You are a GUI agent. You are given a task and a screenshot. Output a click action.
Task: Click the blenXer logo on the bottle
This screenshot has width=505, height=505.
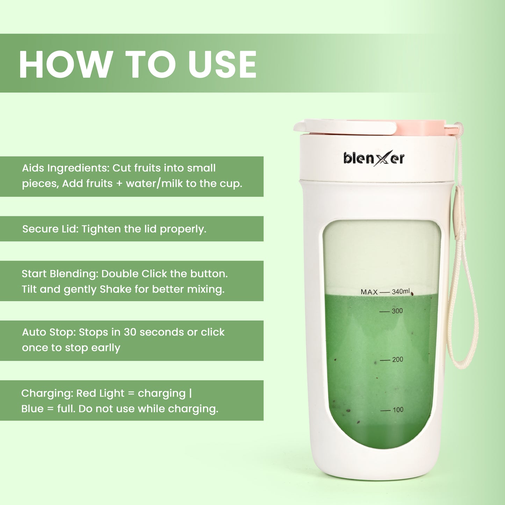(x=374, y=158)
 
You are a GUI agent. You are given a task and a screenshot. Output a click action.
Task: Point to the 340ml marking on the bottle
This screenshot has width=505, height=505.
(x=401, y=291)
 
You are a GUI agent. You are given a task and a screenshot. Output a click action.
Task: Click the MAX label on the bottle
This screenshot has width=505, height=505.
(x=369, y=292)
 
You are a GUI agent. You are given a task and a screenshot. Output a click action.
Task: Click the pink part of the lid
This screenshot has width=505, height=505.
(x=421, y=127)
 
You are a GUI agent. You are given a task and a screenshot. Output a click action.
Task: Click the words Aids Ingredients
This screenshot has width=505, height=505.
(x=65, y=168)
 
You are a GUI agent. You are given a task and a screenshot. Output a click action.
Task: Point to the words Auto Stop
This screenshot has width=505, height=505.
(x=49, y=332)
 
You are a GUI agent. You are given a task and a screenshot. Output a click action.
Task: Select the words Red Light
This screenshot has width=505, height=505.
(x=100, y=394)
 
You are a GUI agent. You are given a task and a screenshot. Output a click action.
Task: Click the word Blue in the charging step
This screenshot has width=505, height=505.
(x=32, y=409)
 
